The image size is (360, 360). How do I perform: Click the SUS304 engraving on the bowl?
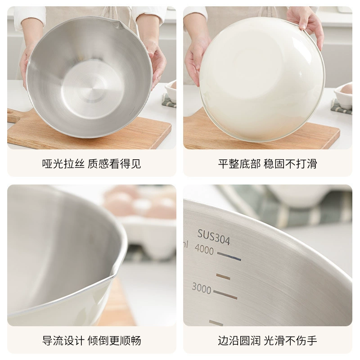213,237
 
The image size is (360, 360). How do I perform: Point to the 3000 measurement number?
201,288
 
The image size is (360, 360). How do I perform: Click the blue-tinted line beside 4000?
229,256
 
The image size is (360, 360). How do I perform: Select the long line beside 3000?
225,295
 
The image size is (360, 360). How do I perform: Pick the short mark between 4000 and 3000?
223,276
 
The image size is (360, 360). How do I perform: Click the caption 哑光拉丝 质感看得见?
91,164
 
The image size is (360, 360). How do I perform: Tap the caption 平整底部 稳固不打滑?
267,164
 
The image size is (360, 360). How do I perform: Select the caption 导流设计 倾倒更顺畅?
91,341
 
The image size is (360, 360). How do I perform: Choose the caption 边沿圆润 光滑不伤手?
267,341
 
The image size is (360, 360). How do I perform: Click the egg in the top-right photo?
346,88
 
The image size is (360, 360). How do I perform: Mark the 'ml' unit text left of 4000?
185,244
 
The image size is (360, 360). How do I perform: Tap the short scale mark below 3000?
216,323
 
